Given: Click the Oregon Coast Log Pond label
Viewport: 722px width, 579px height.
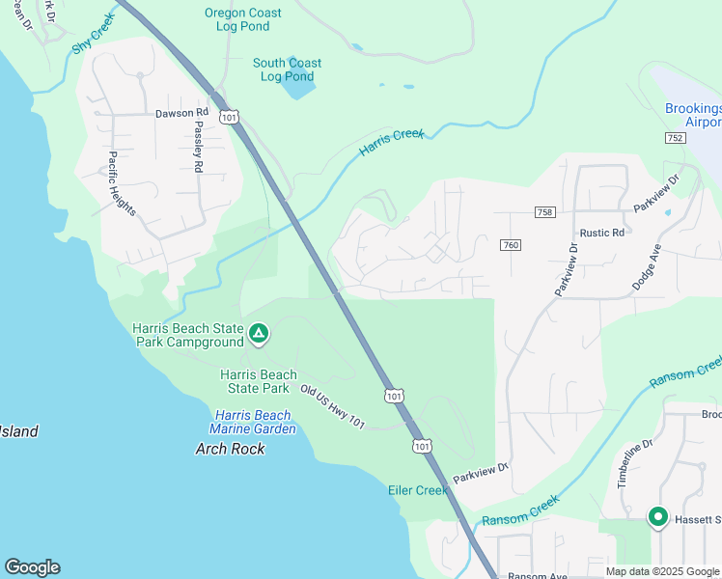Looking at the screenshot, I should [x=243, y=19].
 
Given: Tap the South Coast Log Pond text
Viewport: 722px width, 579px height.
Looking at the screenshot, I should [x=287, y=69].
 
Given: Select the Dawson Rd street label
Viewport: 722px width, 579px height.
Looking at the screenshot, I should [x=181, y=113].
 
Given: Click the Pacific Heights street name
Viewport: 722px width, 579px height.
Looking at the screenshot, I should [x=122, y=183].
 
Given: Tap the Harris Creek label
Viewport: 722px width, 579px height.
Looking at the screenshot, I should [x=391, y=142].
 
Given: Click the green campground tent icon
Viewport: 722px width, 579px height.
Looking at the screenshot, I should [x=258, y=334].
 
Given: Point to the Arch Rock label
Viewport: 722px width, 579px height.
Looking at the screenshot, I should [x=230, y=449].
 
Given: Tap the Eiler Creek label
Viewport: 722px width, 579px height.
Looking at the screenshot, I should [x=419, y=490].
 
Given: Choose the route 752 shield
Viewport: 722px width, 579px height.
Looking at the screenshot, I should [x=675, y=139].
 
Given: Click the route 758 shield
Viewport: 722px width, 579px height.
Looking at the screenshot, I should [x=544, y=212].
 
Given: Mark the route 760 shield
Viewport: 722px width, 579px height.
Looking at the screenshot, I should [x=511, y=246].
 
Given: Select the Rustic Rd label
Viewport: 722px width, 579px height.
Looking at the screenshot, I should [x=602, y=233].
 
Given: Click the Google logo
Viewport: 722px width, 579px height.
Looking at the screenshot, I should [x=32, y=567].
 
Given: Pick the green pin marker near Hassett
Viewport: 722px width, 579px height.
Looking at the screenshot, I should [x=658, y=518].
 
